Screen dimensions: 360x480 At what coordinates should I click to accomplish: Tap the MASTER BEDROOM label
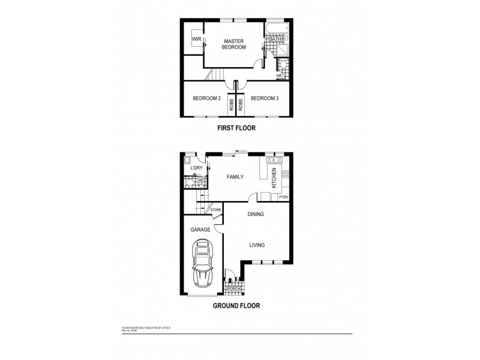[x=235, y=44]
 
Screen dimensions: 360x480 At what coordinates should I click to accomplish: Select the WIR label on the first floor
[x=196, y=40]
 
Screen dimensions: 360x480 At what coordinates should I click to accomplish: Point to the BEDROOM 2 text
[x=207, y=98]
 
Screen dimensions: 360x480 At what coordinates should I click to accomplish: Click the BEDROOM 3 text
[x=265, y=98]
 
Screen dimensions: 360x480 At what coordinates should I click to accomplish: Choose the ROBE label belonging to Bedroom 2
[x=230, y=104]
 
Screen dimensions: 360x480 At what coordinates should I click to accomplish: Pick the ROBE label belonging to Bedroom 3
[x=241, y=104]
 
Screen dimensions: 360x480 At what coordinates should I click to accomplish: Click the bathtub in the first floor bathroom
[x=277, y=28]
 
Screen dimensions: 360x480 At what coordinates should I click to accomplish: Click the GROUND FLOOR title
[x=236, y=305]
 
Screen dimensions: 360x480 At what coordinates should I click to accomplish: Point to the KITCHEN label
[x=274, y=179]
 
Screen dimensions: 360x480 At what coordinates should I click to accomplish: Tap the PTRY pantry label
[x=284, y=197]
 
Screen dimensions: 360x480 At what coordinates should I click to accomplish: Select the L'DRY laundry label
[x=196, y=168]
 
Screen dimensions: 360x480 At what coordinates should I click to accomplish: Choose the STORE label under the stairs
[x=215, y=209]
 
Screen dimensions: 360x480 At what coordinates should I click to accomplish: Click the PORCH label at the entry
[x=233, y=289]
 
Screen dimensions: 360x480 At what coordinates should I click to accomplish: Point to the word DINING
[x=256, y=214]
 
